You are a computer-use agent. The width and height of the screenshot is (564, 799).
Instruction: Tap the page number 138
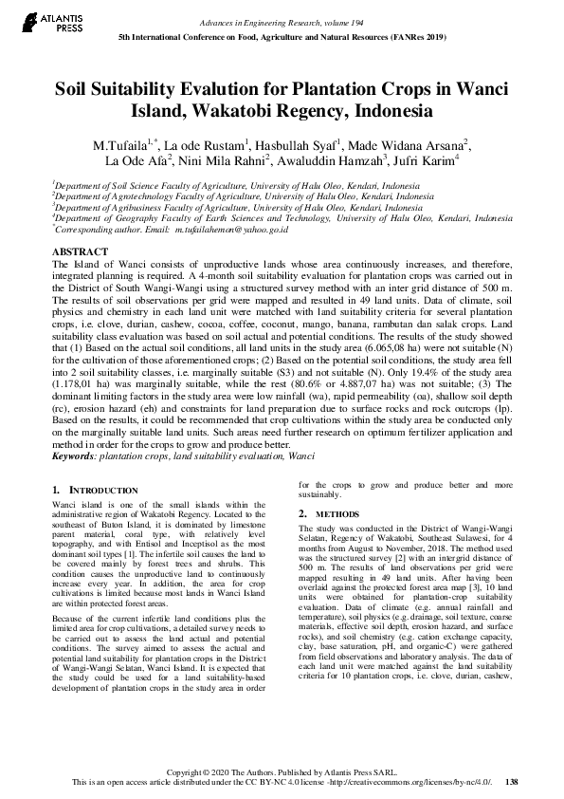[x=512, y=782]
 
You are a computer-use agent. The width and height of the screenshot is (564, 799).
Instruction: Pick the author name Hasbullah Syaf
[x=297, y=145]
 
